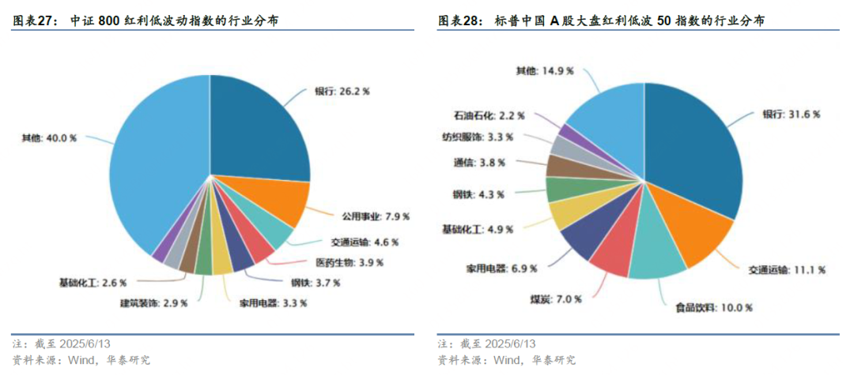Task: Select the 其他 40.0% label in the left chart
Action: click(49, 137)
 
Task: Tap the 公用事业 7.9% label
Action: click(375, 216)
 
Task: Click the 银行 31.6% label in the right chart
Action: click(792, 114)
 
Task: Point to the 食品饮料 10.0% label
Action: click(714, 307)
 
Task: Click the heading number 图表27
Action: click(35, 21)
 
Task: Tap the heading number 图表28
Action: click(459, 21)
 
